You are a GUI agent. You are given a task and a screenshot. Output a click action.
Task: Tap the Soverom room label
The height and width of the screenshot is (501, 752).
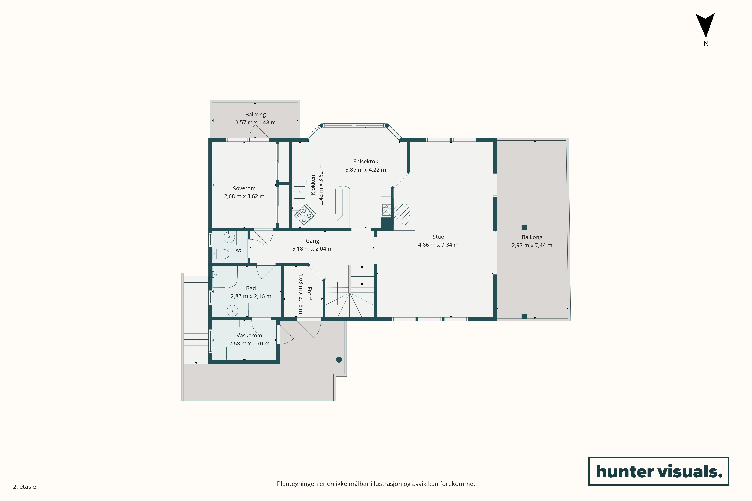[x=244, y=189]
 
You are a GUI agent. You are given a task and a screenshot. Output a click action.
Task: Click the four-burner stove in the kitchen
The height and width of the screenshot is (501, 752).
[x=304, y=215]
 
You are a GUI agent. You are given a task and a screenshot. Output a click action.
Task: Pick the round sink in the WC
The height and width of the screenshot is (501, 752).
[x=229, y=237]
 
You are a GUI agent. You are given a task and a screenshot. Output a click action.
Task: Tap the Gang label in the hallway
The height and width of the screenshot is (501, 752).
[x=312, y=241]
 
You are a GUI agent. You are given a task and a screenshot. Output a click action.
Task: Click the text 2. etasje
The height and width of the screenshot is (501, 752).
[x=24, y=487]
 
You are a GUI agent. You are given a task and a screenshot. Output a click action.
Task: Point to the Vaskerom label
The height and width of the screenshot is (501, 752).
[x=249, y=336]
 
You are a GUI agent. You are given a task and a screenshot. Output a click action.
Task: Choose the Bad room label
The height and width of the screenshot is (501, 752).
[x=251, y=288]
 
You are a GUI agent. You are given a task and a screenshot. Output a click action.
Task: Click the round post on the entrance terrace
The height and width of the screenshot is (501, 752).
[x=339, y=360]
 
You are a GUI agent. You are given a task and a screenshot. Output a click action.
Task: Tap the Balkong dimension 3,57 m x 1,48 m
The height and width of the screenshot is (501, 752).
[x=255, y=122]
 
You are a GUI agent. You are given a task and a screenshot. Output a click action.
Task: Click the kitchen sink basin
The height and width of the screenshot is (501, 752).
[x=300, y=192]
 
